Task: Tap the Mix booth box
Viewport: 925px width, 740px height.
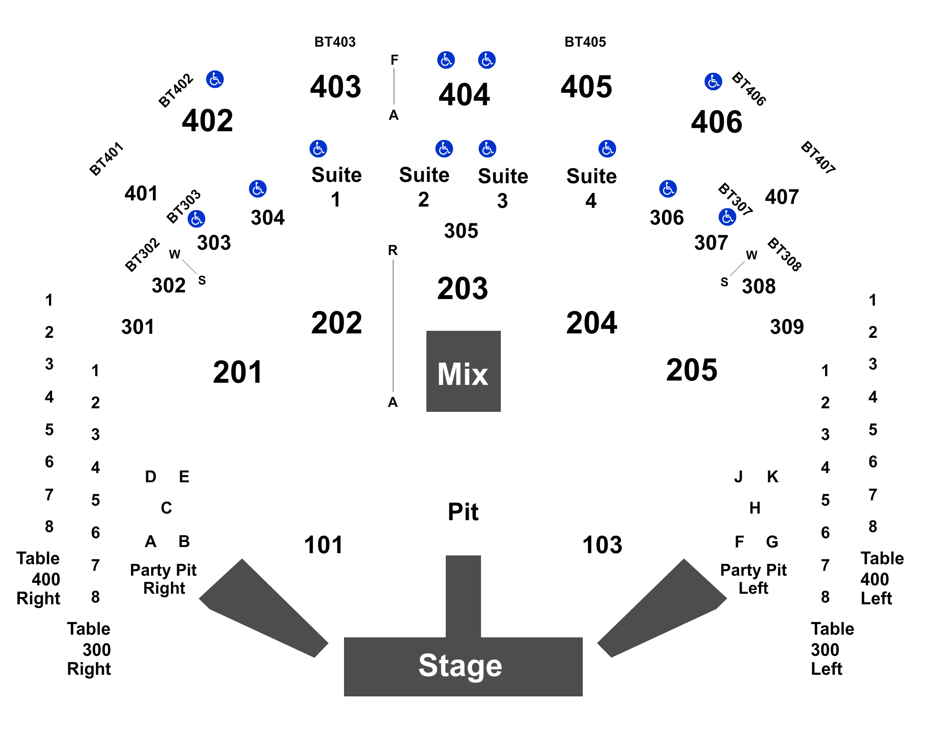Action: tap(463, 371)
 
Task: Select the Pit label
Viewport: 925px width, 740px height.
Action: tap(463, 512)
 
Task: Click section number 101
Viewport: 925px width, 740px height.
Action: tap(323, 545)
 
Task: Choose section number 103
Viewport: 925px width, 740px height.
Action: tap(602, 545)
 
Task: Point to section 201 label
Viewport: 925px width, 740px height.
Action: tap(237, 372)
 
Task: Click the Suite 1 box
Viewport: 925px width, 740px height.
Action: tap(336, 185)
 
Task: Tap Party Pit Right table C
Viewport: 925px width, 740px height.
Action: tap(166, 508)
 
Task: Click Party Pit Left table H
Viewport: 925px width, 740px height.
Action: tap(755, 508)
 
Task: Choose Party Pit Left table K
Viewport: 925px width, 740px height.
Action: tap(772, 476)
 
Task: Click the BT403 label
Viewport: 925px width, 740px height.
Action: tap(335, 42)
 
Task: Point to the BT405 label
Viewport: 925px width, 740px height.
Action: tap(585, 42)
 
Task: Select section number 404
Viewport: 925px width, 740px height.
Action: tap(464, 94)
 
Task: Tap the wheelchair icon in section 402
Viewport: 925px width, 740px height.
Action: tap(215, 80)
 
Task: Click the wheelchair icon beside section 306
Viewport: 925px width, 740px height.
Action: tap(668, 189)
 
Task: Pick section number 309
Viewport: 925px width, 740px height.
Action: tap(787, 327)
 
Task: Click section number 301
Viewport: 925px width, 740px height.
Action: tap(138, 327)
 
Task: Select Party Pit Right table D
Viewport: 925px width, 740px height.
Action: tap(151, 476)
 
